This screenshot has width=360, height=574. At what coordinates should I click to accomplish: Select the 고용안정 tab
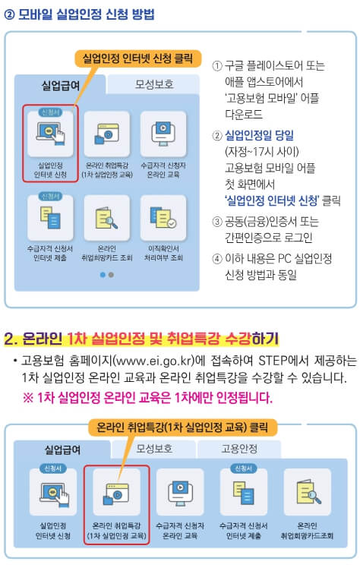(x=238, y=449)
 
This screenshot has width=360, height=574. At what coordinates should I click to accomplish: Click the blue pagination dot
(x=103, y=275)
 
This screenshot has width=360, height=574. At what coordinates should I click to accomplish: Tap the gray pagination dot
(x=111, y=275)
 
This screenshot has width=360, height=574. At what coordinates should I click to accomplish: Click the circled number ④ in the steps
(x=217, y=259)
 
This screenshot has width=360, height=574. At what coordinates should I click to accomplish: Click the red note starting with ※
(x=147, y=397)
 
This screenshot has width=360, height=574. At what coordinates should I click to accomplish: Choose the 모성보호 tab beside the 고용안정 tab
(x=156, y=449)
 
